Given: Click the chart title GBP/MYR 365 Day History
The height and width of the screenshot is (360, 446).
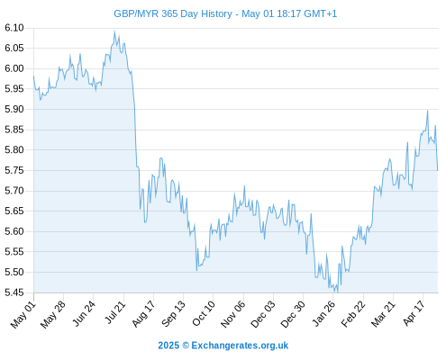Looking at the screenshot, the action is (x=173, y=13).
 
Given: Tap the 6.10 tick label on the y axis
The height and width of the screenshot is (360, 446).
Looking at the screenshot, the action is (x=14, y=28).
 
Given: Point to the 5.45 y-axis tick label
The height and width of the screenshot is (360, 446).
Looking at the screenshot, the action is (x=14, y=292).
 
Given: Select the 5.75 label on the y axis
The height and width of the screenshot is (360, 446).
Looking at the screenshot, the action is (x=14, y=170).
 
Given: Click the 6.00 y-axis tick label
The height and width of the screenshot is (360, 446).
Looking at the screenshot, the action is (x=14, y=68).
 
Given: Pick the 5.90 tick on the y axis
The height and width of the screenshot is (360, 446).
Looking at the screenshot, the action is (x=14, y=109).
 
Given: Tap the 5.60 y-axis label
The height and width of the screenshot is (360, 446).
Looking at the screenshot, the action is (x=14, y=231).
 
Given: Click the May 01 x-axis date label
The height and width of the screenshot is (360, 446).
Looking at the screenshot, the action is (x=23, y=315).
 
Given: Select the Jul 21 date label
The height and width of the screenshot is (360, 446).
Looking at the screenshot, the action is (x=115, y=312).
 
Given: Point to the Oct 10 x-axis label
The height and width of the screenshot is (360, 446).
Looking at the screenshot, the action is (x=204, y=313).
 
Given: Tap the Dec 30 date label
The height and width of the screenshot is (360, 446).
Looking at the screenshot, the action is (x=293, y=314).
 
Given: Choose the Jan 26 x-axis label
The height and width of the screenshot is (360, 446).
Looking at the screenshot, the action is (x=323, y=314).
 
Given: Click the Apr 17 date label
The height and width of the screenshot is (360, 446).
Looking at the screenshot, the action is (x=414, y=313).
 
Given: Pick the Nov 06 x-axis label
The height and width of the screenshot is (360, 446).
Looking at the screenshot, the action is (x=232, y=314).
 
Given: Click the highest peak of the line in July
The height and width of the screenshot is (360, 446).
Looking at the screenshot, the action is (x=114, y=31).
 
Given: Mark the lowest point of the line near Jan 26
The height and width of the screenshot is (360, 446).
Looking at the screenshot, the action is (x=337, y=292).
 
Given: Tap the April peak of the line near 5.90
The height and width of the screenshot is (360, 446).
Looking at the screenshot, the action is (x=428, y=111).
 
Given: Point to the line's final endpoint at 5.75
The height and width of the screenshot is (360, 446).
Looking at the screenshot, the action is (x=438, y=170).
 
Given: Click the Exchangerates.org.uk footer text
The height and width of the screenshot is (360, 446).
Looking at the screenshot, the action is (x=240, y=346).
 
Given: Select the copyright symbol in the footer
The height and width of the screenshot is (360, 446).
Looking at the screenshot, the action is (x=186, y=346).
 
